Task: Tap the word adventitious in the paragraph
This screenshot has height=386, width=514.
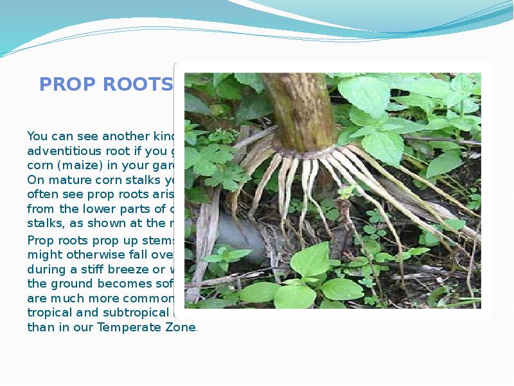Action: point(58,150)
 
